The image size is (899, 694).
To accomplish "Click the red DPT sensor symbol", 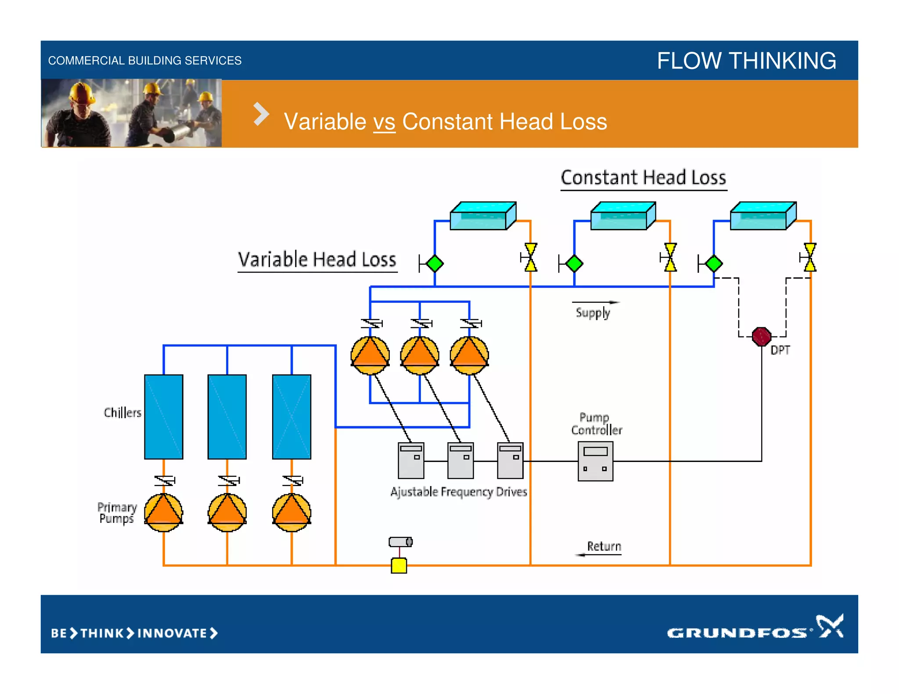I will pos(761,336).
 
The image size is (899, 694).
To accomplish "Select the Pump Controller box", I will pos(595,461).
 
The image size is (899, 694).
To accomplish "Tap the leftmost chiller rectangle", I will pos(164,417).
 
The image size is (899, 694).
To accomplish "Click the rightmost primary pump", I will pos(291,512).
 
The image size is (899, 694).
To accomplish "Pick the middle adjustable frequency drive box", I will pos(460,460).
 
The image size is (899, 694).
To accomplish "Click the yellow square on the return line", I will pos(399,565).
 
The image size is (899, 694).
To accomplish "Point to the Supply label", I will pos(593,313).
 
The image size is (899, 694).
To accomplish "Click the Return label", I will pos(604,546).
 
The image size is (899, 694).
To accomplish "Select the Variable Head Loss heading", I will pos(317,259).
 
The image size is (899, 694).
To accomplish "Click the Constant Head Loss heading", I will pos(643,178).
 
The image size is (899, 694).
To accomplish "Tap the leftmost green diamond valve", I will pos(435,264).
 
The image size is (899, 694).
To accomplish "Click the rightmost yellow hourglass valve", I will pos(810,257).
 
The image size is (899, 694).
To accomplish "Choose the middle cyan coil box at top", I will pos(622,216).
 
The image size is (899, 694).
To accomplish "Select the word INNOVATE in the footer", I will pos(172,633).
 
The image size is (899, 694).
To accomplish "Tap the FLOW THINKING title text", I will pos(746,61).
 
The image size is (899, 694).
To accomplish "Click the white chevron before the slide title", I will pos(261,114).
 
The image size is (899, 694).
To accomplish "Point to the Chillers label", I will pos(122,412).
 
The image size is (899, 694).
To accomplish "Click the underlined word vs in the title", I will pos(384,122).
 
